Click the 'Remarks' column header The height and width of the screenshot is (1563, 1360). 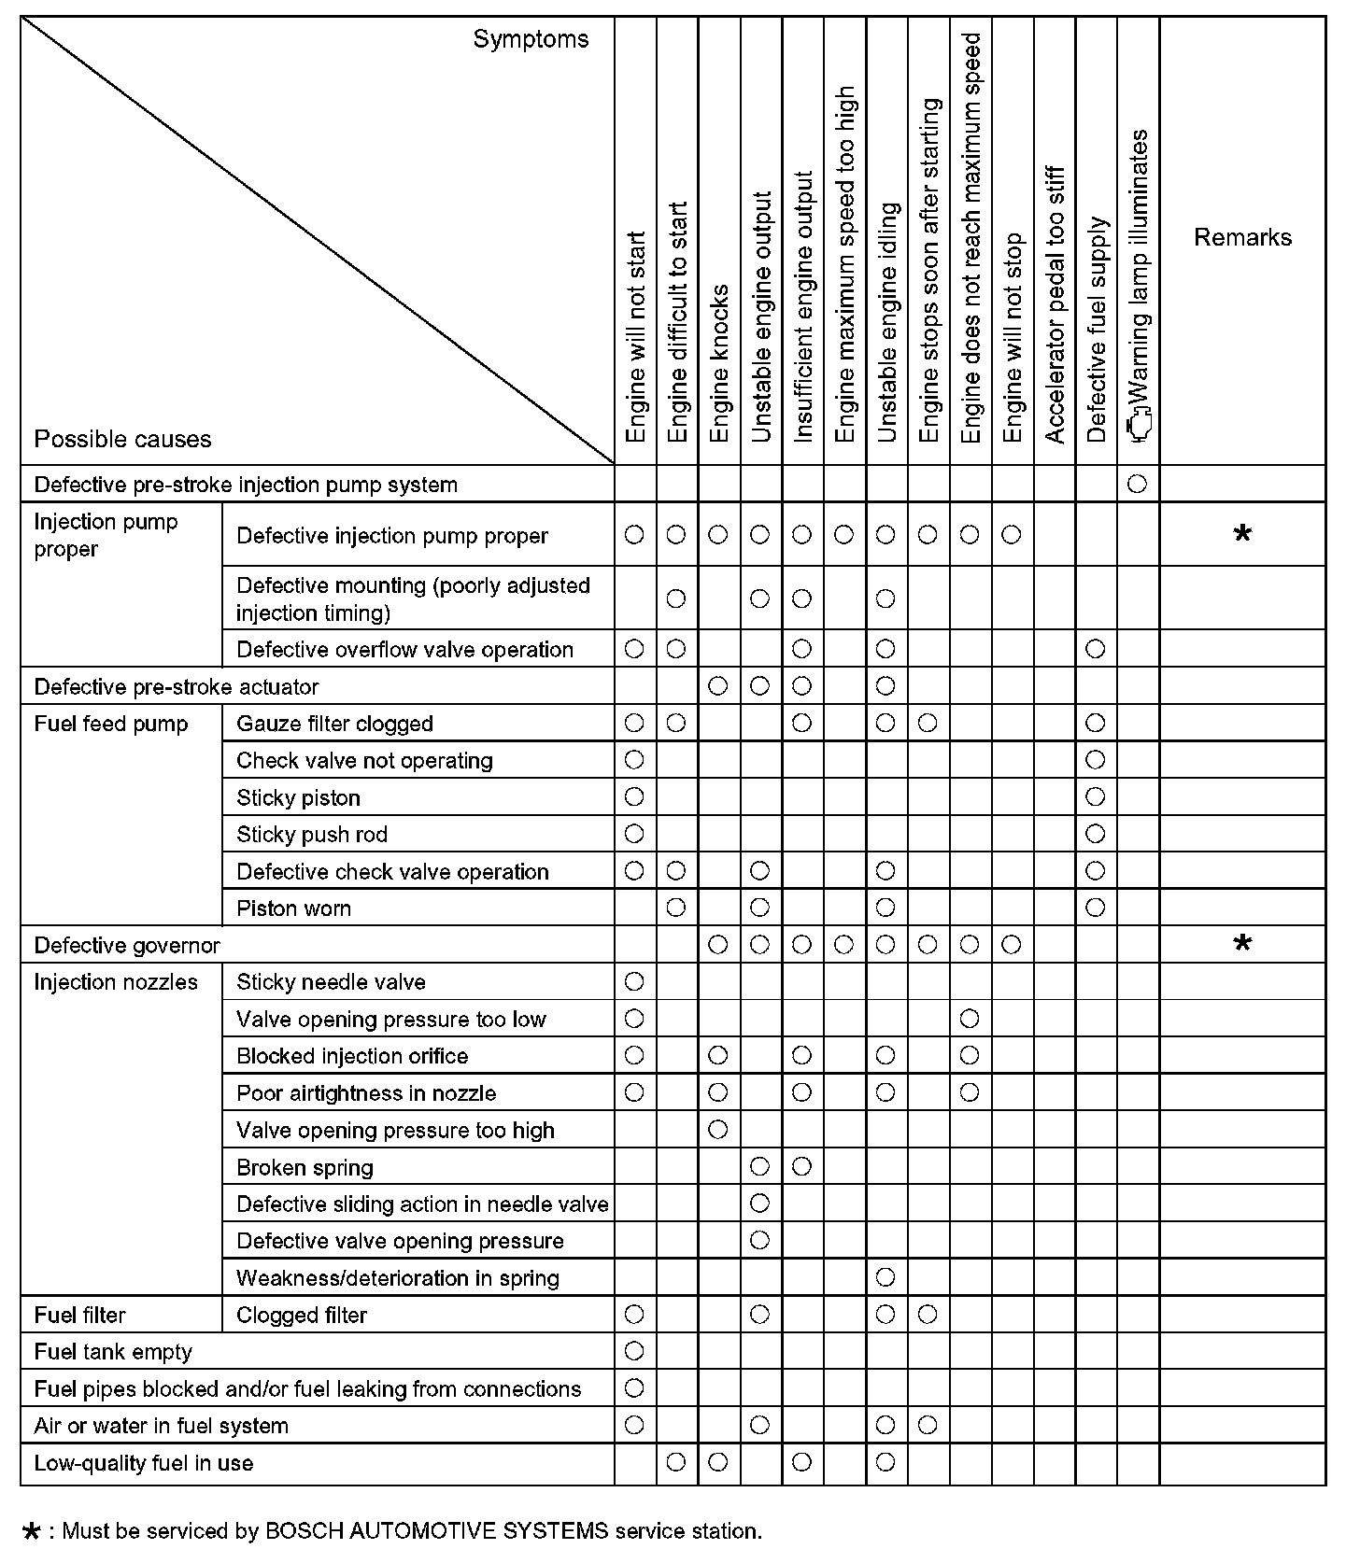click(x=1242, y=237)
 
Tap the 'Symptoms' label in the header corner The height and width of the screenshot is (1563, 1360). click(x=531, y=39)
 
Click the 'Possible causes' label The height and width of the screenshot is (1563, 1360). click(x=122, y=439)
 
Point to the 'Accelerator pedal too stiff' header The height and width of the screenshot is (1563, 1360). click(x=1055, y=304)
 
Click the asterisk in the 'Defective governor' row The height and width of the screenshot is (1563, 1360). click(x=1242, y=944)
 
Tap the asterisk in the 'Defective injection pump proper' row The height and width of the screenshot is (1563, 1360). click(x=1242, y=535)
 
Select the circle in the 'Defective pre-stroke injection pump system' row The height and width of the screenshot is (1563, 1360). click(x=1138, y=484)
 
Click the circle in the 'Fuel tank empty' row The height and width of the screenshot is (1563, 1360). click(x=634, y=1350)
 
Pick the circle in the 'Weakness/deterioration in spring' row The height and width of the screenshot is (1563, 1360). click(x=885, y=1276)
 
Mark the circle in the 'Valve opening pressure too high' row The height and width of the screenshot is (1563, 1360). click(x=717, y=1130)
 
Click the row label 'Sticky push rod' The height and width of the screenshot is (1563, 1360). click(x=311, y=834)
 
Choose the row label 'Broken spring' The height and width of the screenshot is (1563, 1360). click(x=305, y=1167)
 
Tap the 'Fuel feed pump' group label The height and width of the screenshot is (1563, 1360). click(x=111, y=724)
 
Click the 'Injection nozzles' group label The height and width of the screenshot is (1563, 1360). click(x=116, y=982)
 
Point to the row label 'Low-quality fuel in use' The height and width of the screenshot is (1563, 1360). click(x=143, y=1462)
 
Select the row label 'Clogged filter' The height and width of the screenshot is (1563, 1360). click(x=302, y=1315)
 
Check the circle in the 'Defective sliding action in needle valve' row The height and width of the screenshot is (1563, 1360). click(x=759, y=1204)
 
